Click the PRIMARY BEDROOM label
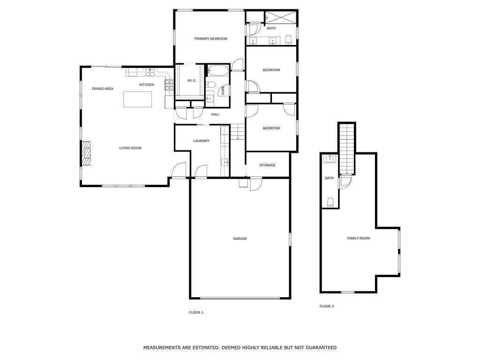[210, 39]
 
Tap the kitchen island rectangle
[138, 99]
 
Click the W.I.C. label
[192, 81]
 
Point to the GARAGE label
[240, 239]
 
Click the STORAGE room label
[268, 165]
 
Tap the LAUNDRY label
[201, 141]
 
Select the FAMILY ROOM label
[358, 239]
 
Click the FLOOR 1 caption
[196, 312]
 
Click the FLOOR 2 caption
[327, 307]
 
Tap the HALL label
[215, 114]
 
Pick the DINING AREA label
[103, 89]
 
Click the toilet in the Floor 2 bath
[330, 202]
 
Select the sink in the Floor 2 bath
[330, 158]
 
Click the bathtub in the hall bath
[217, 71]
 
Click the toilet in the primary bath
[289, 38]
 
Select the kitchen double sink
[150, 72]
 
